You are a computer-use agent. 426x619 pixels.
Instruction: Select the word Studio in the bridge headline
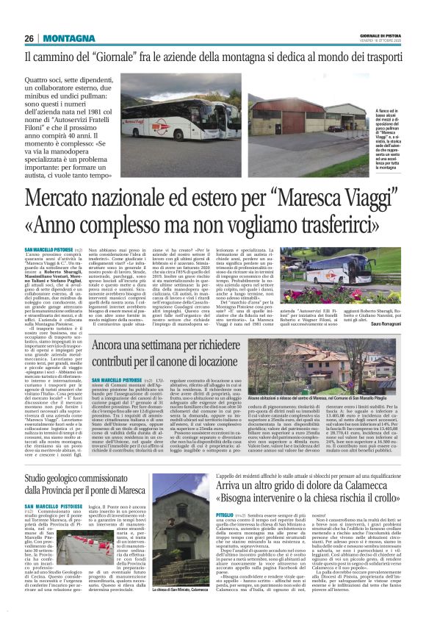click(42, 461)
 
